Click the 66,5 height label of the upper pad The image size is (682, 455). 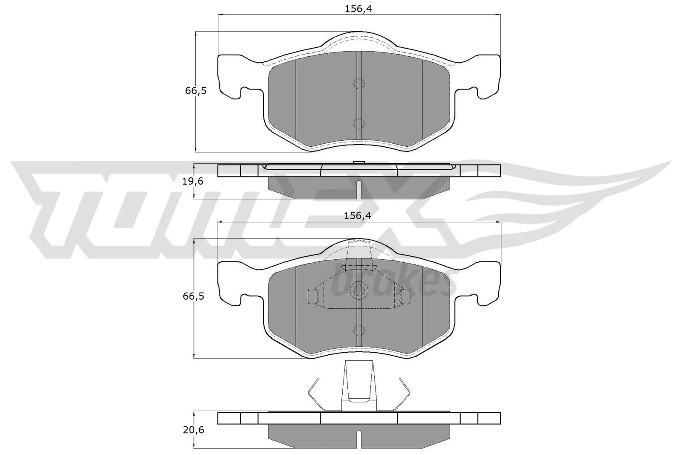pyautogui.click(x=196, y=91)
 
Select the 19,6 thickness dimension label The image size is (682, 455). pyautogui.click(x=193, y=181)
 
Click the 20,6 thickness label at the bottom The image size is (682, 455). pyautogui.click(x=193, y=430)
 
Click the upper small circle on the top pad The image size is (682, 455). pyautogui.click(x=359, y=83)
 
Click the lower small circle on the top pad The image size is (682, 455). pyautogui.click(x=359, y=123)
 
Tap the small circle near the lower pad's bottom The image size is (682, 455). pyautogui.click(x=359, y=330)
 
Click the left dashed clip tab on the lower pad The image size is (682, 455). pyautogui.click(x=313, y=296)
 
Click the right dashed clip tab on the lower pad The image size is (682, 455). pyautogui.click(x=405, y=296)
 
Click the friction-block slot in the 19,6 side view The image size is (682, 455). pyautogui.click(x=359, y=190)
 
